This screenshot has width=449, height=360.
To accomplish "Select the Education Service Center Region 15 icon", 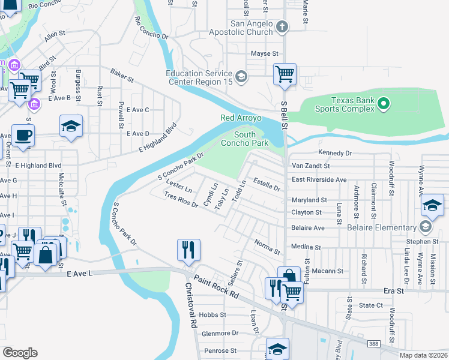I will click(241, 76).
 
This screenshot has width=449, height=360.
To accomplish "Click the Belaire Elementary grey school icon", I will click(426, 227).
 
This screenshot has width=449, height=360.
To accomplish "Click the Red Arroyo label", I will click(241, 118).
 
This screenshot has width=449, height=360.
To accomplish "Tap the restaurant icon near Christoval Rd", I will click(189, 249).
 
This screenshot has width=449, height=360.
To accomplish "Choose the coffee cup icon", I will click(23, 134).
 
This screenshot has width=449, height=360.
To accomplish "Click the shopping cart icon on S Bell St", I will click(285, 74).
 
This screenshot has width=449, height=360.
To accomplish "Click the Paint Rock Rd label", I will click(215, 287).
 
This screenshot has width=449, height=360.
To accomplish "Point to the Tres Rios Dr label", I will click(181, 200).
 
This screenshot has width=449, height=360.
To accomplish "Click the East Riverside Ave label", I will click(319, 179).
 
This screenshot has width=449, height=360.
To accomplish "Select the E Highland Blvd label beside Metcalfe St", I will click(38, 165).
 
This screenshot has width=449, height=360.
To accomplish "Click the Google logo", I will click(20, 352).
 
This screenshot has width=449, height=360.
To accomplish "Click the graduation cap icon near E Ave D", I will click(71, 126).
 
